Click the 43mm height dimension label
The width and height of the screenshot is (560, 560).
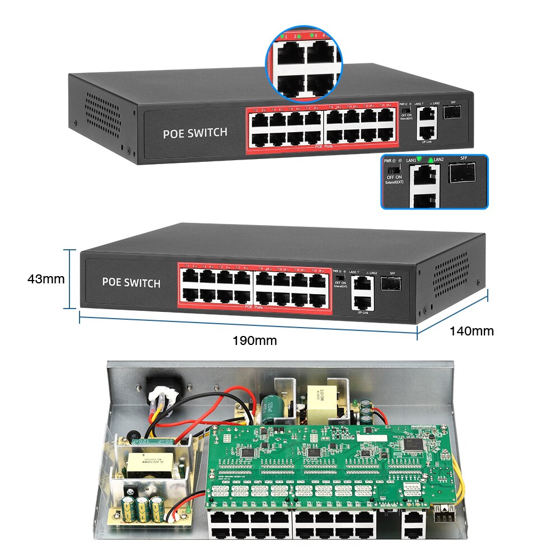(46, 278)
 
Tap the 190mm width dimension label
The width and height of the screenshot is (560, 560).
(255, 340)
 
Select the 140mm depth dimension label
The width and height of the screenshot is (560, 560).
(472, 331)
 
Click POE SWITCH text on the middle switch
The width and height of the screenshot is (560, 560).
(131, 282)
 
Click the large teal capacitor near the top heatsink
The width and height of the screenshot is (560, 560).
(268, 408)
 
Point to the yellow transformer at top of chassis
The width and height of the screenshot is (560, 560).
(316, 399)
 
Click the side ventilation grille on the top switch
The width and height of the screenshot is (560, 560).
(104, 109)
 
